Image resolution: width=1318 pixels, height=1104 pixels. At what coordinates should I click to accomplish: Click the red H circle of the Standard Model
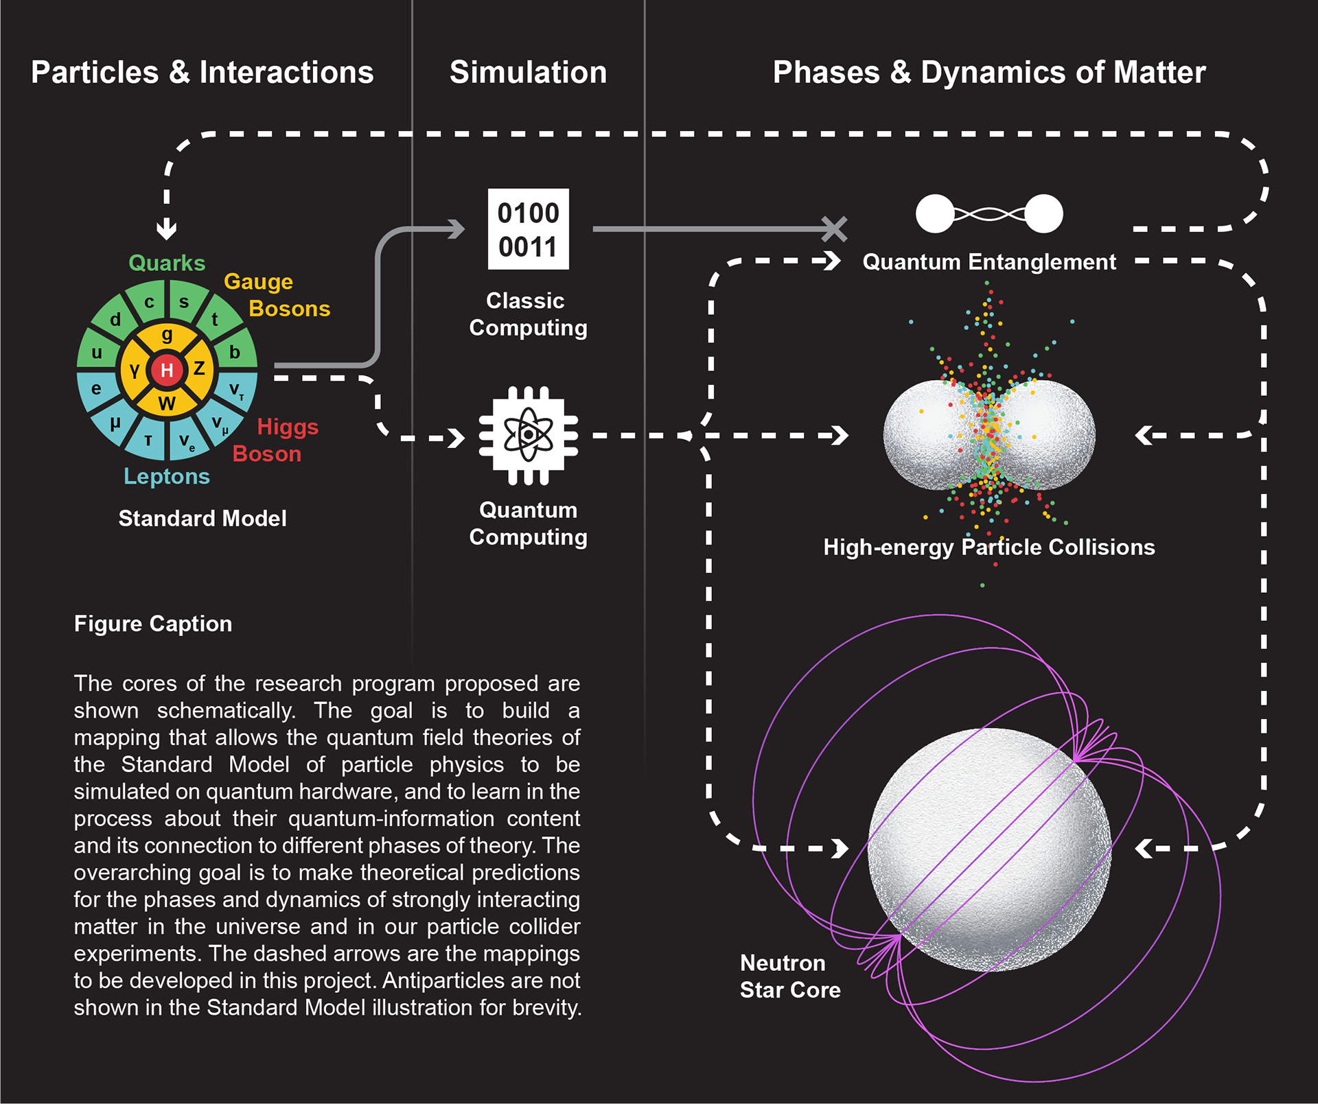[167, 371]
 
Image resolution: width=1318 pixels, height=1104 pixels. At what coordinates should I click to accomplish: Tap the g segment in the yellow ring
[167, 336]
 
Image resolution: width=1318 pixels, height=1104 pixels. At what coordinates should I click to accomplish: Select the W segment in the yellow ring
[167, 403]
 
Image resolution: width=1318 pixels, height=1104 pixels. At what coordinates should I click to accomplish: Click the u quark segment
[97, 353]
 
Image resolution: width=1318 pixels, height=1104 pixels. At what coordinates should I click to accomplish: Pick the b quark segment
[235, 352]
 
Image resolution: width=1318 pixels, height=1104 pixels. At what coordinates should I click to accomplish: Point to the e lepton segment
[96, 388]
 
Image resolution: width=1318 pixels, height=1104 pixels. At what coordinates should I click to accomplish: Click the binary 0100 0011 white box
[528, 229]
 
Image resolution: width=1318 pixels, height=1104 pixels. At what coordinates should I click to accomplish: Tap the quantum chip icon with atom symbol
[528, 435]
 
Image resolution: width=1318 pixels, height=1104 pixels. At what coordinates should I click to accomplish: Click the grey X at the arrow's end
[834, 229]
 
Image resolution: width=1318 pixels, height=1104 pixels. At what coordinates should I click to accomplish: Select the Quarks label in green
[167, 263]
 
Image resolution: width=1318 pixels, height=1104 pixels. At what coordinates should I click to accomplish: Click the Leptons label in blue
[167, 476]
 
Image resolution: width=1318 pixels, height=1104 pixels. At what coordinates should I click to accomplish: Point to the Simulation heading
[528, 73]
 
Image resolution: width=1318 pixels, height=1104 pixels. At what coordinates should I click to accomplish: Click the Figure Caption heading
[153, 624]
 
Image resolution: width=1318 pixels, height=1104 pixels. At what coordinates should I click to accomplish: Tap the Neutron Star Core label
[790, 976]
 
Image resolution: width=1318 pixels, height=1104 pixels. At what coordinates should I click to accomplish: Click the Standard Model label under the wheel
[203, 519]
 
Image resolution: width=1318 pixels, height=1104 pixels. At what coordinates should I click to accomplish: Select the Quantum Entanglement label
[988, 262]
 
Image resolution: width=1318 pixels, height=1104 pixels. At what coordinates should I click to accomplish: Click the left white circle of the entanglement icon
[935, 214]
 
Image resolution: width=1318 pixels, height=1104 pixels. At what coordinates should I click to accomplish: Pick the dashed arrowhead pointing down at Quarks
[167, 229]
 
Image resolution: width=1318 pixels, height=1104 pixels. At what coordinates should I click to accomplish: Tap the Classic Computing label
[528, 314]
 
